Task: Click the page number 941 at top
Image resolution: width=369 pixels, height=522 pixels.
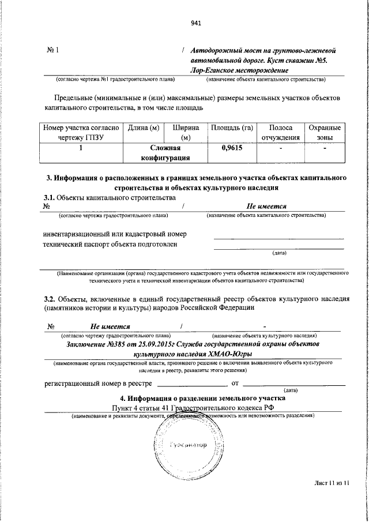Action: pos(195,24)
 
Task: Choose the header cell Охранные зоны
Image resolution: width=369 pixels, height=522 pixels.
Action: pos(325,132)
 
